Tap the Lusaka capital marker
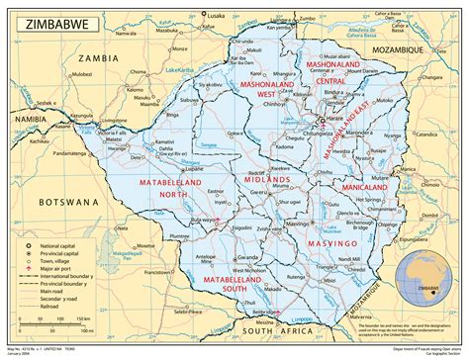click(205, 14)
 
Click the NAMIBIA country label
click(33, 118)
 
